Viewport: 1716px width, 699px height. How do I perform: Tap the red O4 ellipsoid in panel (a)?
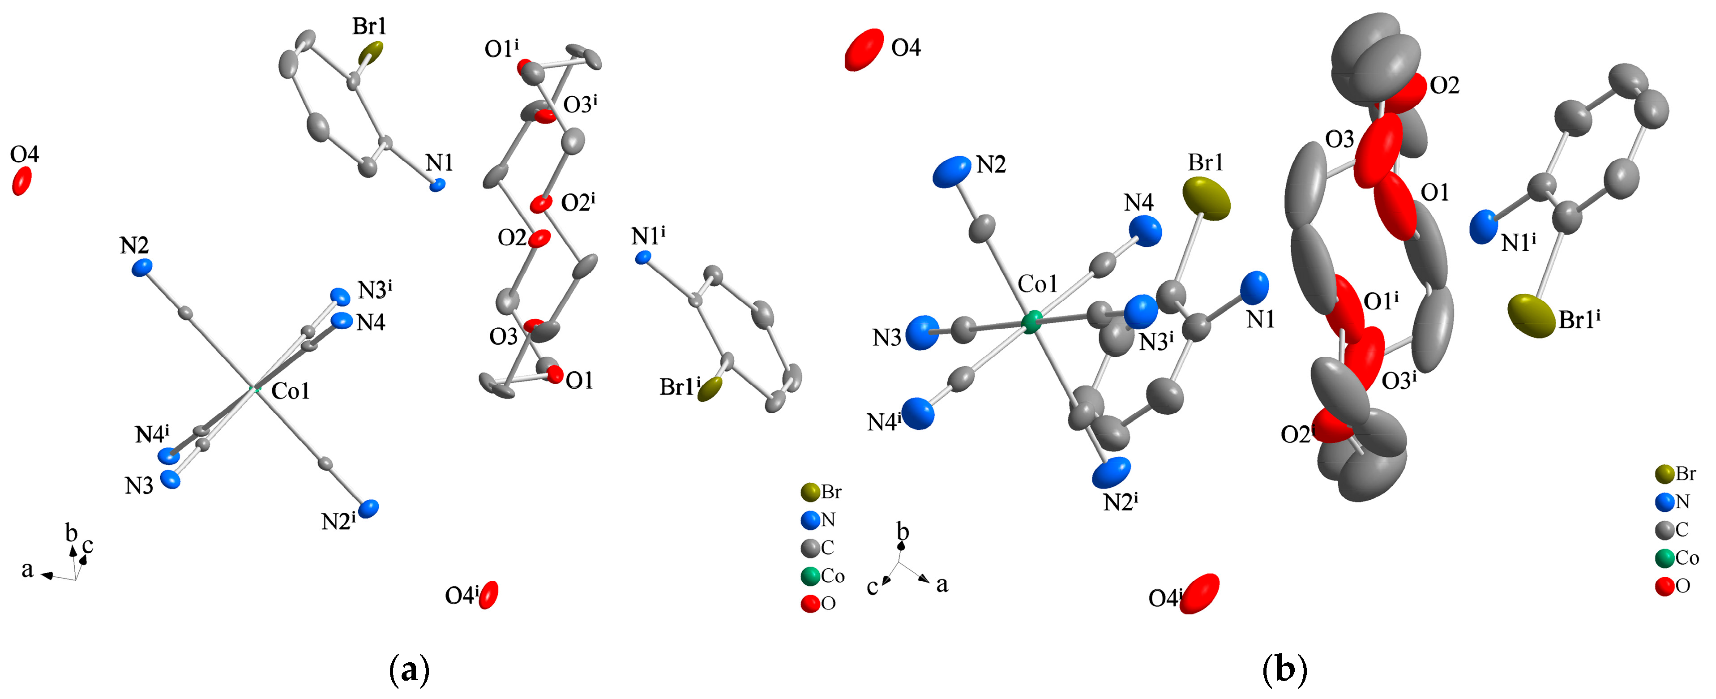(x=22, y=180)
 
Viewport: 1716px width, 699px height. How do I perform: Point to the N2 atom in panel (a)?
(x=142, y=268)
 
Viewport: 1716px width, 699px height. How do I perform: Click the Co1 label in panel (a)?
(x=291, y=391)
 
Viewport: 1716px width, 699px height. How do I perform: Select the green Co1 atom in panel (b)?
(x=1031, y=322)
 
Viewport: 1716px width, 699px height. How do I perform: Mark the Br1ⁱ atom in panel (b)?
(x=1532, y=317)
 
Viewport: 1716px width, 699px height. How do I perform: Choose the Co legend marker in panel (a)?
(x=810, y=576)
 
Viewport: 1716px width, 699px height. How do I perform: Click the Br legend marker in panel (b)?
(x=1665, y=474)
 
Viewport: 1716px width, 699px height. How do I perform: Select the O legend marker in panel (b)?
(x=1665, y=587)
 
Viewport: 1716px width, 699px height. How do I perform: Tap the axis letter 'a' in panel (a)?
(x=27, y=570)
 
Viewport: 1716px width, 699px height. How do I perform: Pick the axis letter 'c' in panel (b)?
(x=872, y=587)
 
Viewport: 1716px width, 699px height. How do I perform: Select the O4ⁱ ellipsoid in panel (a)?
(x=488, y=594)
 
